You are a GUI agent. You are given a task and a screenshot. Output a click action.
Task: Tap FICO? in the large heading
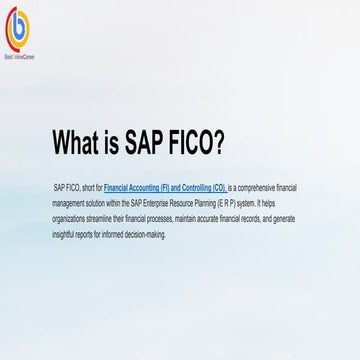190,142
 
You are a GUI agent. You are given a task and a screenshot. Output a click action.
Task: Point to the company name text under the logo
21,45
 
